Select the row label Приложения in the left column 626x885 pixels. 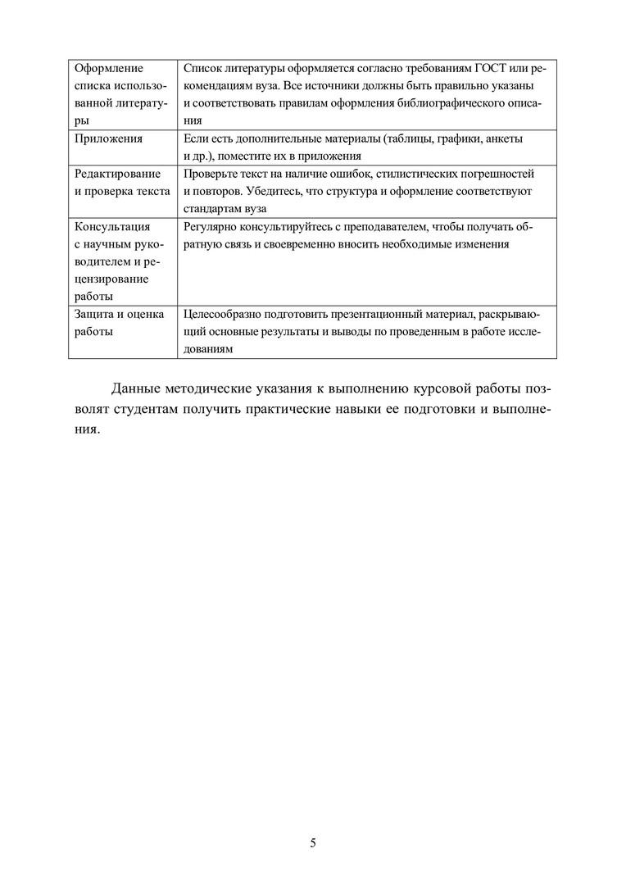click(x=108, y=138)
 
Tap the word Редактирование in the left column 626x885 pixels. click(x=118, y=174)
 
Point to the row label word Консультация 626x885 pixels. click(x=112, y=227)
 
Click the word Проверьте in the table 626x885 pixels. click(x=211, y=174)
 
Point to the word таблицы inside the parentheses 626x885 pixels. click(x=408, y=138)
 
